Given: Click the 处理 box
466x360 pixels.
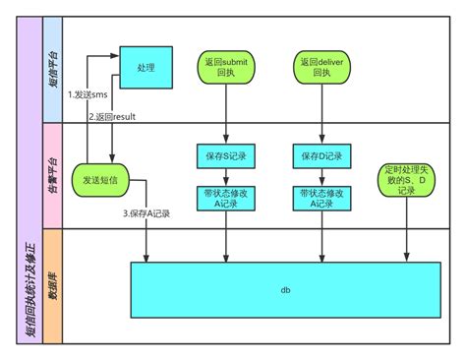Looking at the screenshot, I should coord(146,67).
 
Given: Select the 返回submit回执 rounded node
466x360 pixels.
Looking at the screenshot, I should coord(228,67).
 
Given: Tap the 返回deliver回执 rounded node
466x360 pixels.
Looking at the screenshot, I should coord(320,67).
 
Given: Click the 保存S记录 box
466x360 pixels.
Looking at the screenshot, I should coord(228,154).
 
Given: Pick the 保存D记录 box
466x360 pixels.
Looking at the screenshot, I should coord(320,154).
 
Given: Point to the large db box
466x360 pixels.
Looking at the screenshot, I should coord(286,291).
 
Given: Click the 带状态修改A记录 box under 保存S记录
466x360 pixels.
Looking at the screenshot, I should coord(228,198).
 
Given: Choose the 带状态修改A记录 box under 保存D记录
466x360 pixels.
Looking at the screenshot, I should coord(320,198).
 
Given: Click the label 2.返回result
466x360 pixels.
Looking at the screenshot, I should coord(111,117).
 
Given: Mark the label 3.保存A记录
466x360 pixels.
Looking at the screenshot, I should coord(146,213).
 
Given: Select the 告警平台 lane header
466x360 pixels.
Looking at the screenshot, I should coord(51,175).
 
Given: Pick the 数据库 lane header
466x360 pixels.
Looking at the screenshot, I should coord(51,286).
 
